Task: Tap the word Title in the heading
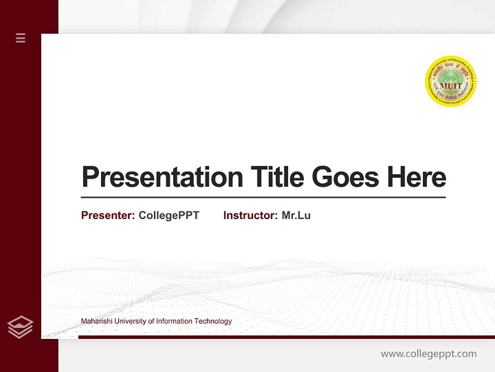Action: [x=277, y=177]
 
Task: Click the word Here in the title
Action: [x=417, y=177]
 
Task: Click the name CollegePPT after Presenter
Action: [x=169, y=215]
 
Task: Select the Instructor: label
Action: [x=251, y=215]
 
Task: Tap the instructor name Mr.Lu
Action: [x=296, y=215]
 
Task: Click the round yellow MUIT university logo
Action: [x=451, y=82]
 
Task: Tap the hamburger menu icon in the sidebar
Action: [x=21, y=38]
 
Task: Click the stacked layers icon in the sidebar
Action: [x=20, y=327]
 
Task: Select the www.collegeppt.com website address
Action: [x=428, y=354]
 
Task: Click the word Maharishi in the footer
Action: [x=96, y=321]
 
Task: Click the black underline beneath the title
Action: [x=263, y=197]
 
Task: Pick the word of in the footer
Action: [x=151, y=321]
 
